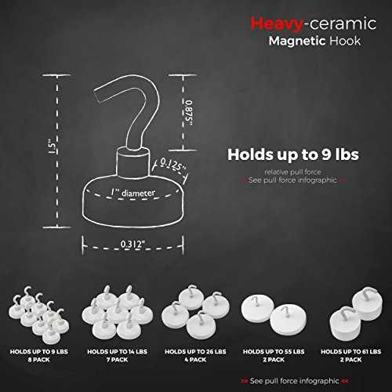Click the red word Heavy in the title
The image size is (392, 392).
tap(277, 24)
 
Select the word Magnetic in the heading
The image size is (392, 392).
tap(297, 42)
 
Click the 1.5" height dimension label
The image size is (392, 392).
tap(53, 147)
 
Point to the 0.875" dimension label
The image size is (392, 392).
tap(189, 113)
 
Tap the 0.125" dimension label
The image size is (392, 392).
tap(172, 165)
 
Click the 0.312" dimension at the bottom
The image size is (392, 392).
tap(132, 245)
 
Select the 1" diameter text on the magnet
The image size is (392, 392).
tap(132, 193)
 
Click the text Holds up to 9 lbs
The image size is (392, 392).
tap(293, 154)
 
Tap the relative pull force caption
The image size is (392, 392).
tap(292, 172)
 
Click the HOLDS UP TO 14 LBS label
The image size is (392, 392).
tap(117, 352)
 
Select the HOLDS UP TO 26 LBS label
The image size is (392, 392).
tap(195, 352)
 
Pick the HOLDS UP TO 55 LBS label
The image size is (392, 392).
tap(274, 352)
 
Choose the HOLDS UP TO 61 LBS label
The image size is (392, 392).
tap(351, 352)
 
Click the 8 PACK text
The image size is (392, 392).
tap(38, 360)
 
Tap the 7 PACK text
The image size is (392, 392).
tap(117, 360)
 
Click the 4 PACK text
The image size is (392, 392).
tap(195, 360)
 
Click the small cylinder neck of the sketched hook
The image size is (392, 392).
tap(132, 163)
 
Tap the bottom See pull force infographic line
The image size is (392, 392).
tap(295, 381)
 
